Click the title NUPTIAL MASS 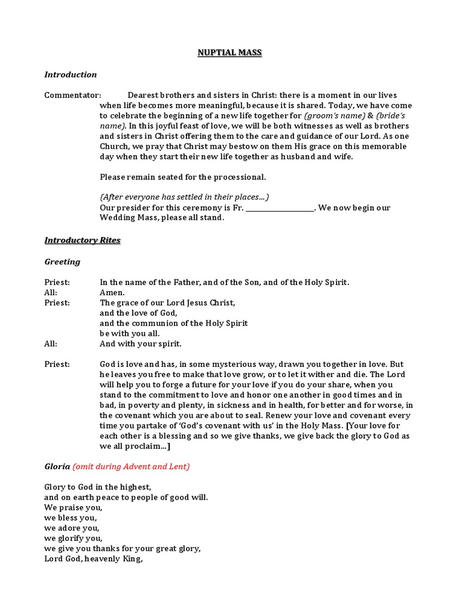coord(229,53)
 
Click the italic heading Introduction coord(71,75)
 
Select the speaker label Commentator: coord(73,96)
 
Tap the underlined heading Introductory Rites coord(82,240)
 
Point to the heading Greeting coord(62,262)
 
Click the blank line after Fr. coord(280,208)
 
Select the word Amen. coord(112,293)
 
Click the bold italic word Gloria coord(57,466)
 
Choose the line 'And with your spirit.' coord(140,344)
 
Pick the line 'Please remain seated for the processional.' coord(183,177)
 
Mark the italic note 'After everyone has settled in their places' coord(184,197)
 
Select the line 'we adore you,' coord(72,528)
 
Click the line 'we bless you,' coord(71,518)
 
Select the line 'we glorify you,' coord(74,538)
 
